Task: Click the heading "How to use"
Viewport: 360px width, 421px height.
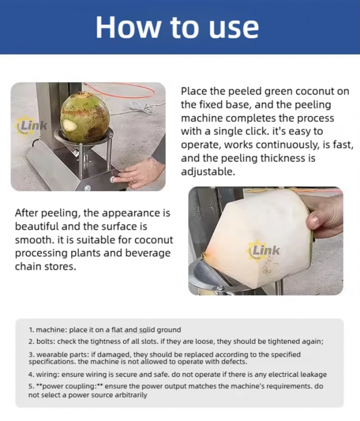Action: (177, 27)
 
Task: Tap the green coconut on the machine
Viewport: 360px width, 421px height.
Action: (85, 117)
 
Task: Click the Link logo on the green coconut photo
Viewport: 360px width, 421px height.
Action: (31, 125)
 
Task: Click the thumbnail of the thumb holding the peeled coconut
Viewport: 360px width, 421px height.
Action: (314, 220)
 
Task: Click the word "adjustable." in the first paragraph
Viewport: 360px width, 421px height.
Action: (208, 172)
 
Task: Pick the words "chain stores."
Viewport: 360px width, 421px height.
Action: (46, 267)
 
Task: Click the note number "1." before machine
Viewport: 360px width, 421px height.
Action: (31, 330)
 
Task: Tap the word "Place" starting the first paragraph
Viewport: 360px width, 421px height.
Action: (194, 91)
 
